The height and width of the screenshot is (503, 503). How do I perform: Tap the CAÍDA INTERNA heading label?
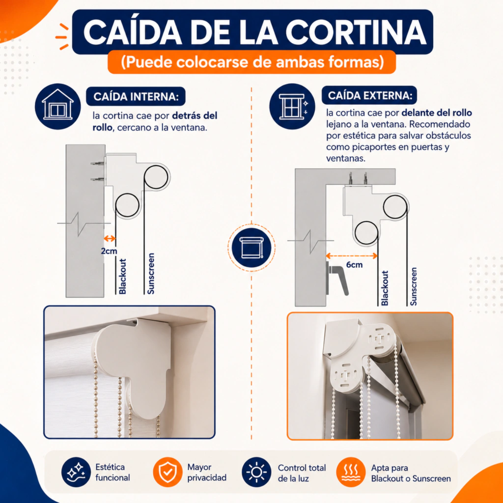click(x=136, y=97)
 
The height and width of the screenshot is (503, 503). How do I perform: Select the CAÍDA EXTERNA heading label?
click(x=369, y=96)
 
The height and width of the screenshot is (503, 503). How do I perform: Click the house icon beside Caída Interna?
click(x=58, y=106)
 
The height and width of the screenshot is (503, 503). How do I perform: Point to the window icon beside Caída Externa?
click(x=292, y=106)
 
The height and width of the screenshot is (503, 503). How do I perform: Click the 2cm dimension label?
click(x=109, y=251)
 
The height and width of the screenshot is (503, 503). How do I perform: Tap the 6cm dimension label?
click(x=355, y=265)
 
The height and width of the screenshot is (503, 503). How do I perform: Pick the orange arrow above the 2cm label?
click(x=110, y=238)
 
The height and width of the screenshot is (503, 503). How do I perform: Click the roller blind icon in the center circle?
click(x=251, y=248)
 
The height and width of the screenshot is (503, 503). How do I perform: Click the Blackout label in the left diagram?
click(x=122, y=277)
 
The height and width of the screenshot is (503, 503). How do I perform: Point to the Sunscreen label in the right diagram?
click(x=414, y=286)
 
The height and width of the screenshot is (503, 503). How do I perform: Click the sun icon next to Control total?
click(x=256, y=472)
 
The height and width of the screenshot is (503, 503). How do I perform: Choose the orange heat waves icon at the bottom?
click(x=351, y=472)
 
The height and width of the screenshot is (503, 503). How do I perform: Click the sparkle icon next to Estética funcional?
click(x=76, y=472)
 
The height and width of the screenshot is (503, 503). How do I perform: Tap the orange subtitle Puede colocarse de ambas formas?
click(x=252, y=62)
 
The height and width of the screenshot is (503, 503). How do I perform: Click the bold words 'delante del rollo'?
click(x=437, y=112)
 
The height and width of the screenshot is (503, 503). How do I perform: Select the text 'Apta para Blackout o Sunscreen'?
click(x=411, y=473)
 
